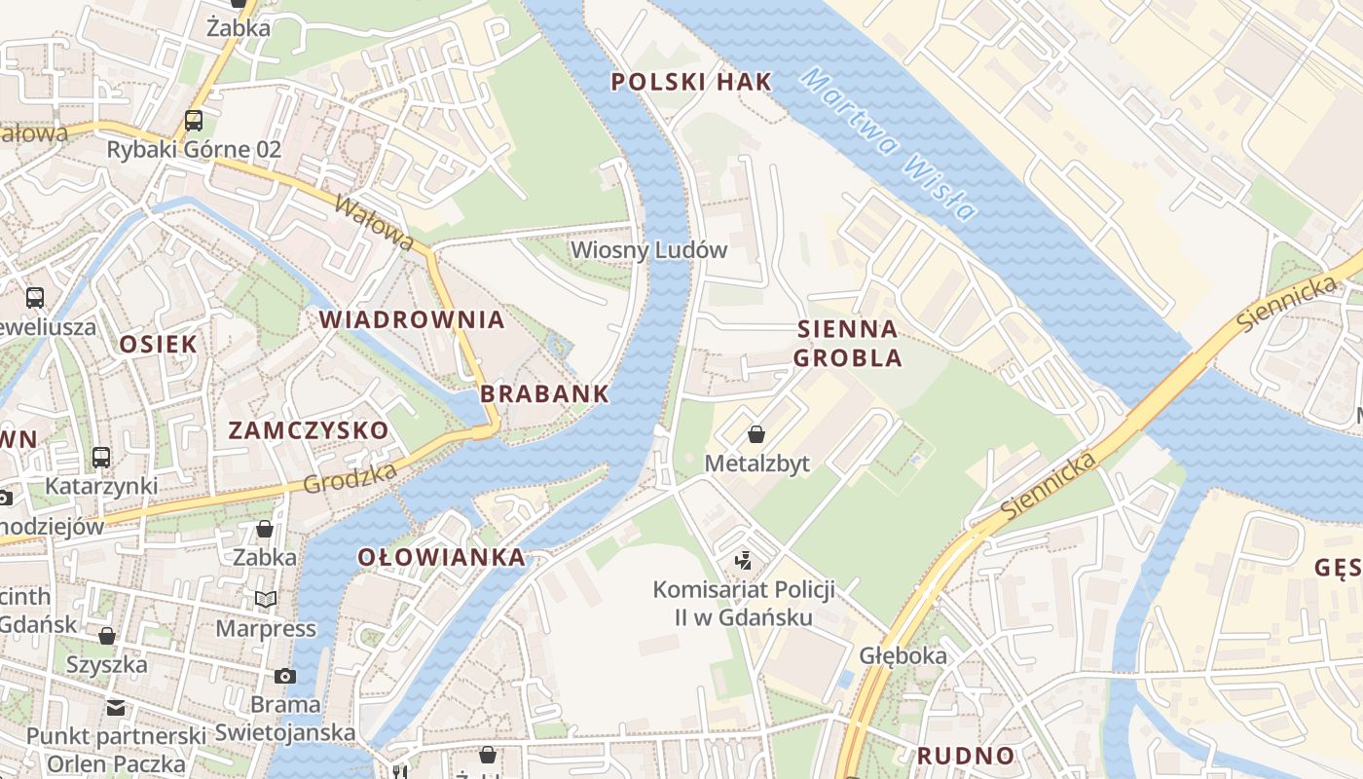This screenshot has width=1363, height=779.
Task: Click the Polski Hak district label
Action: pyautogui.click(x=691, y=82)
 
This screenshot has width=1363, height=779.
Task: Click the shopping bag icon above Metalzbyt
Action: pyautogui.click(x=756, y=434)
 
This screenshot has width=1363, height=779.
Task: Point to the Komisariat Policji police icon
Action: pyautogui.click(x=744, y=560)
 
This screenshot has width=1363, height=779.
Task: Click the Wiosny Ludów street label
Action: pyautogui.click(x=648, y=249)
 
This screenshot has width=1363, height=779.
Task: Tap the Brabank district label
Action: pyautogui.click(x=544, y=394)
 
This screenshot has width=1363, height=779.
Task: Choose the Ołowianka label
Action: pyautogui.click(x=441, y=557)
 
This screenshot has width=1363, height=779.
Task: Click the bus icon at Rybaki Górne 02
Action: pyautogui.click(x=194, y=121)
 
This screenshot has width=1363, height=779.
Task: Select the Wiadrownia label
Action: pyautogui.click(x=412, y=319)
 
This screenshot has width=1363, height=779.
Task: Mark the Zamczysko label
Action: pyautogui.click(x=308, y=430)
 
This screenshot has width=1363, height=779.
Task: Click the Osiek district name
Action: pyautogui.click(x=158, y=344)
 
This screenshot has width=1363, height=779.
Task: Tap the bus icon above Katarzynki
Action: pyautogui.click(x=101, y=457)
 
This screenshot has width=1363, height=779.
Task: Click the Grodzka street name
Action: pyautogui.click(x=350, y=477)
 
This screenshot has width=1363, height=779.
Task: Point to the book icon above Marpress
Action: pyautogui.click(x=266, y=599)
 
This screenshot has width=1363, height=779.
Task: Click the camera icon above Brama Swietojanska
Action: pyautogui.click(x=285, y=676)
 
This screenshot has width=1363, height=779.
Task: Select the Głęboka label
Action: pyautogui.click(x=903, y=655)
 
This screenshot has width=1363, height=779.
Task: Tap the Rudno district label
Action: pyautogui.click(x=966, y=756)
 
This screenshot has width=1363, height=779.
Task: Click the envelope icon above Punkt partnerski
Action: pyautogui.click(x=116, y=707)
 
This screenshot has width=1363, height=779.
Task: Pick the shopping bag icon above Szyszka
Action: pyautogui.click(x=107, y=636)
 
